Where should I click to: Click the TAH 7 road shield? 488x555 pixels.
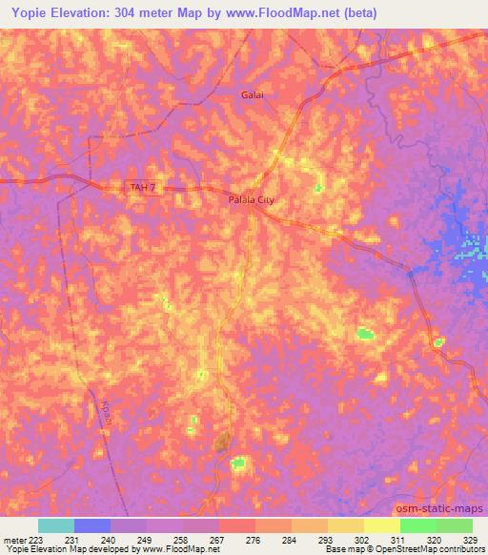coord(141,188)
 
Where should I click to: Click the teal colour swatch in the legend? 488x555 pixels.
coord(56,525)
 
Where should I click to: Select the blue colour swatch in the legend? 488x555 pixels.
coord(92,525)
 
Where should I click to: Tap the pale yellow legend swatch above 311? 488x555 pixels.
coord(382,525)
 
